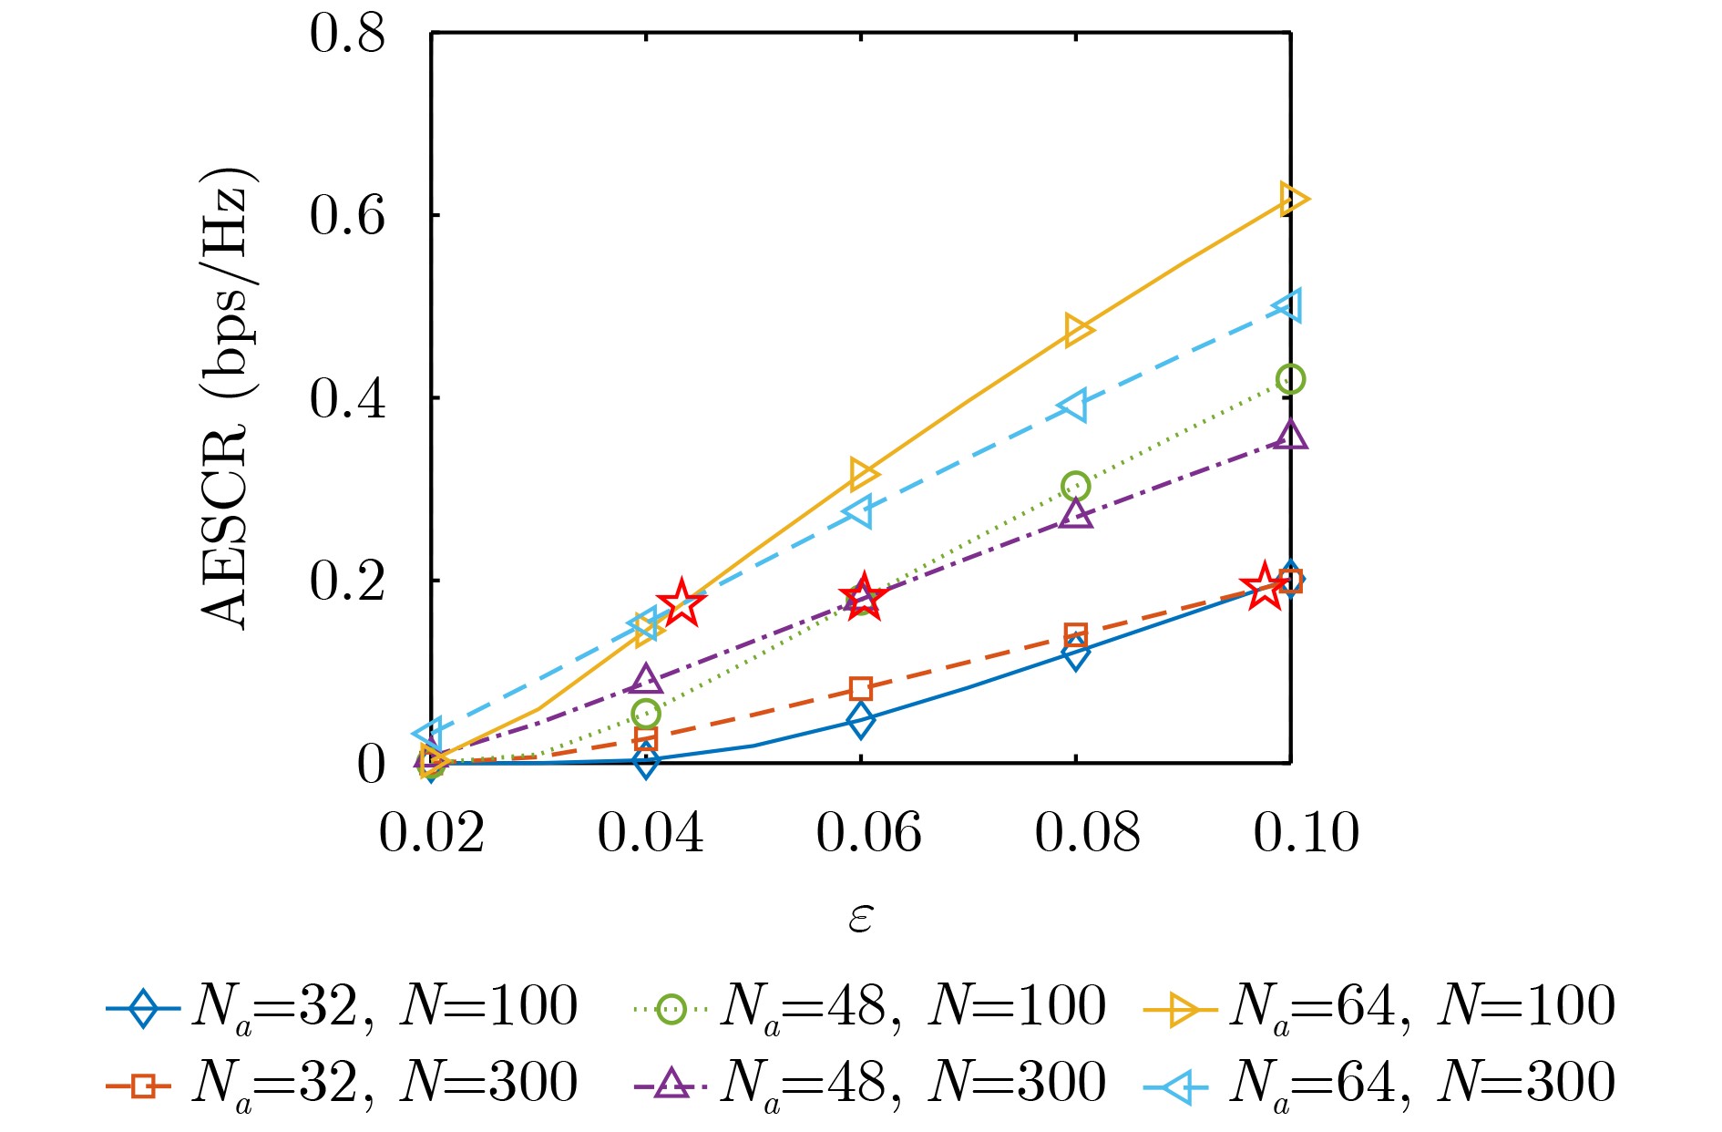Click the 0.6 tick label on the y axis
(347, 217)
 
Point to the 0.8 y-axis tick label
(347, 35)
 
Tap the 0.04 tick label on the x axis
(650, 832)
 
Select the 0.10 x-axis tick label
(1306, 832)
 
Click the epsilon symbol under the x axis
(860, 917)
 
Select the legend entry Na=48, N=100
(870, 1007)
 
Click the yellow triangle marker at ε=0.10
(1292, 199)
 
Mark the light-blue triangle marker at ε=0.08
(1074, 406)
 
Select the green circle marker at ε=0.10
(1290, 379)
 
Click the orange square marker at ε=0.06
(861, 688)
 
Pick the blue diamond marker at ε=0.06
(860, 721)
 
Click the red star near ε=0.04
(681, 603)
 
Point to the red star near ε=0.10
(1265, 586)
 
